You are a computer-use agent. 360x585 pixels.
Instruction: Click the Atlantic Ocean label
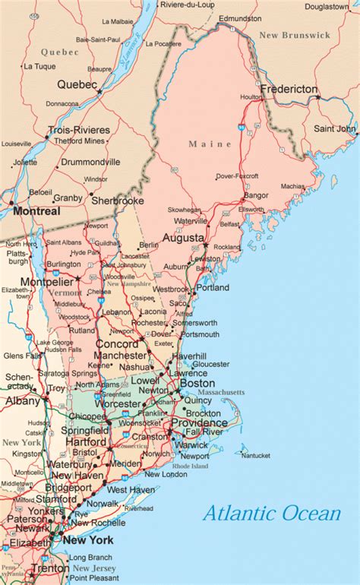click(271, 514)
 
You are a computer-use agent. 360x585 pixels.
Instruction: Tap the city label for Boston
click(197, 384)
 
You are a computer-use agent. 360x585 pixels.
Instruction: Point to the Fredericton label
click(289, 90)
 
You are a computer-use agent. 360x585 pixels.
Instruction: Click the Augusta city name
click(183, 238)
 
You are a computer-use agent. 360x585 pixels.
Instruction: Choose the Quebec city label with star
click(77, 84)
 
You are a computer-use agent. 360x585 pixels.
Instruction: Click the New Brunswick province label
click(294, 35)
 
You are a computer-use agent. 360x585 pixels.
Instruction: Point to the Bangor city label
click(257, 194)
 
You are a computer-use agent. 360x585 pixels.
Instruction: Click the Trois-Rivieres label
click(78, 130)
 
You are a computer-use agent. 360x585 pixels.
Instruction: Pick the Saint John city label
click(335, 129)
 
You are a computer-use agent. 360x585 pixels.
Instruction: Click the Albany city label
click(22, 400)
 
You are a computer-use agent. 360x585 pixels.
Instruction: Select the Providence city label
click(199, 422)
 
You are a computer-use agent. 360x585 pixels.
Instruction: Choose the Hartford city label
click(87, 441)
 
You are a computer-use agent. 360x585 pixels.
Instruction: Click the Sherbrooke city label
click(118, 201)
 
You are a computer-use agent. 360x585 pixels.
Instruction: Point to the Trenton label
click(49, 568)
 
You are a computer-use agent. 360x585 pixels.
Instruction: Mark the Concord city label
click(117, 343)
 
